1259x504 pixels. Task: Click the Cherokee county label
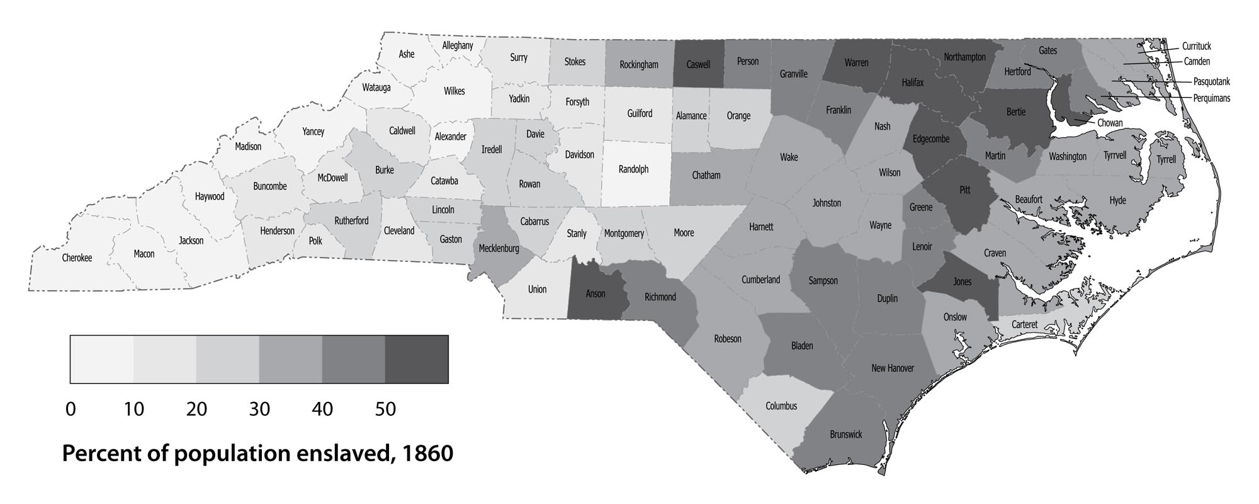(77, 258)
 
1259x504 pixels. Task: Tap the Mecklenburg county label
(499, 248)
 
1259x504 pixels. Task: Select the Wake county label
(789, 157)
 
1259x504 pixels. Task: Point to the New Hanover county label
(892, 368)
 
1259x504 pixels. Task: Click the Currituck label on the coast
(1196, 46)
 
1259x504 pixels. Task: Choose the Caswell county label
(698, 64)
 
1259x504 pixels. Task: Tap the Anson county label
(596, 294)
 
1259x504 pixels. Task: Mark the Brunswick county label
(845, 435)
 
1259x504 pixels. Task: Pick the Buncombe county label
(269, 186)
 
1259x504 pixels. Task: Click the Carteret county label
(1024, 324)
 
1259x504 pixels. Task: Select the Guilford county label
(640, 113)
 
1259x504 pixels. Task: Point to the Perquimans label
(1211, 98)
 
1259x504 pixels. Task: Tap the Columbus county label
(781, 406)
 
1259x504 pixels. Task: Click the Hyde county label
(1117, 200)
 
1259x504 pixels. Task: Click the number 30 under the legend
(259, 409)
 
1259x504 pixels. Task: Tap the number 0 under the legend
(71, 409)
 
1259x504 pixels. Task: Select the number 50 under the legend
(385, 409)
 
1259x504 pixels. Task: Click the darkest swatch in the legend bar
(416, 359)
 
